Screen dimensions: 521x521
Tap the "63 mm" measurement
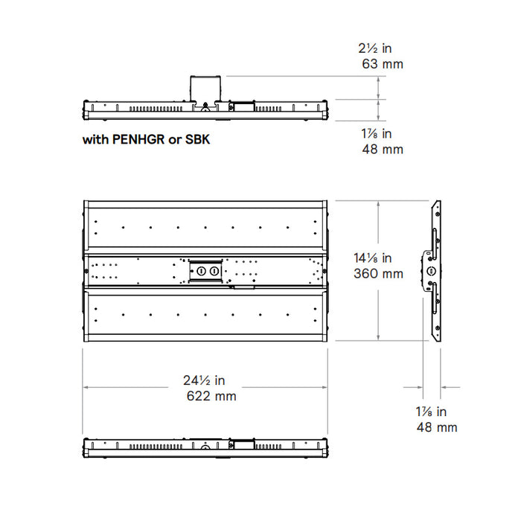tap(382, 65)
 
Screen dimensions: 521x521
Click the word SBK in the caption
tap(196, 139)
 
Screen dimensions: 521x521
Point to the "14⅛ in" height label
tap(372, 258)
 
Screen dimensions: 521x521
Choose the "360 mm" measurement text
tap(378, 274)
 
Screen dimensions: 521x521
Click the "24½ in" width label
tap(204, 380)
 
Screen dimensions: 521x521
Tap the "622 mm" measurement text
tap(211, 396)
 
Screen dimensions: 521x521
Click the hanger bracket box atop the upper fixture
tap(205, 88)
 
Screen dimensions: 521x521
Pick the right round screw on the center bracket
tap(214, 272)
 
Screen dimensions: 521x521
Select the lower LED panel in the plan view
tap(205, 314)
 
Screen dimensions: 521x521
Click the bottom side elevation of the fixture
tap(205, 447)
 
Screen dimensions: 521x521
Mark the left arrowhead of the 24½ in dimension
tap(86, 387)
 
